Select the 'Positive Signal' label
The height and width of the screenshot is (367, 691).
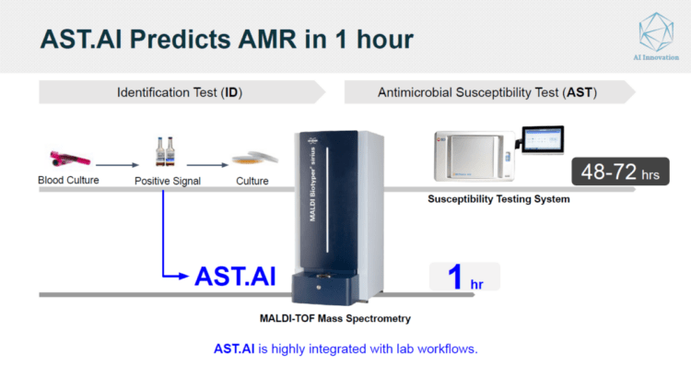[x=167, y=181]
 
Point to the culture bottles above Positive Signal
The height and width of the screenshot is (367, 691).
[x=167, y=150]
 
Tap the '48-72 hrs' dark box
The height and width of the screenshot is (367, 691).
[x=615, y=172]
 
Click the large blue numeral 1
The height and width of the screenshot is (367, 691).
[x=453, y=276]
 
